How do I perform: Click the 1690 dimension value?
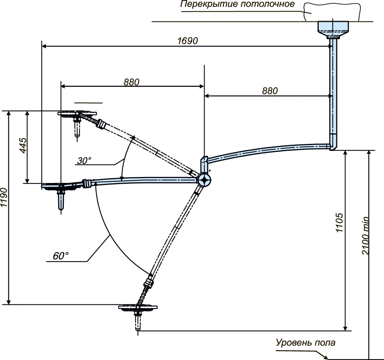coord(188,41)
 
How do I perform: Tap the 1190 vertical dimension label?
coord(4,198)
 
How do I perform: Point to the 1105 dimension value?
coord(339,223)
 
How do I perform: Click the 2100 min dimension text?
coord(365,235)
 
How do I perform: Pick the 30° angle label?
coord(84,160)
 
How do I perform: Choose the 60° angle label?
coord(60,256)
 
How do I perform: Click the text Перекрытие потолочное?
coord(237,4)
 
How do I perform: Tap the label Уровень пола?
coord(306,342)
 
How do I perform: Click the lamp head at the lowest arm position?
coord(138,308)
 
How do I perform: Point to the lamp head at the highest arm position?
coord(77,114)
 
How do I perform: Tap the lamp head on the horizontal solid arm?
coord(60,186)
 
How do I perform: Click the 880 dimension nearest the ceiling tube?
coord(270,91)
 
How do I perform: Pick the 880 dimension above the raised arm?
coord(131,82)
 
